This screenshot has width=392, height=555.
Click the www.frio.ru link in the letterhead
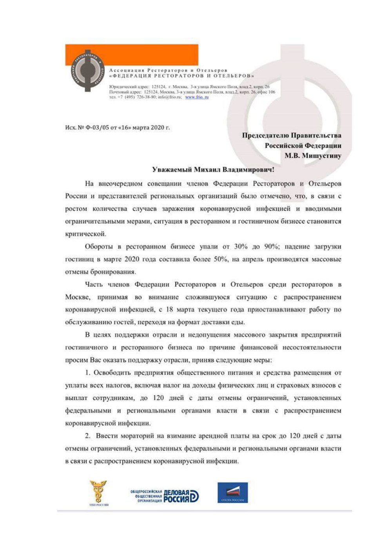197,97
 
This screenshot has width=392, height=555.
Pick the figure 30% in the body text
241,246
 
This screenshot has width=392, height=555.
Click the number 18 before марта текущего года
169,309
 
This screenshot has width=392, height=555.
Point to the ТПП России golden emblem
98,492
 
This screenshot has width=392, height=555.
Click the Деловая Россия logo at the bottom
165,496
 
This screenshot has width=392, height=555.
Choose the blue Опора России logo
232,493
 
